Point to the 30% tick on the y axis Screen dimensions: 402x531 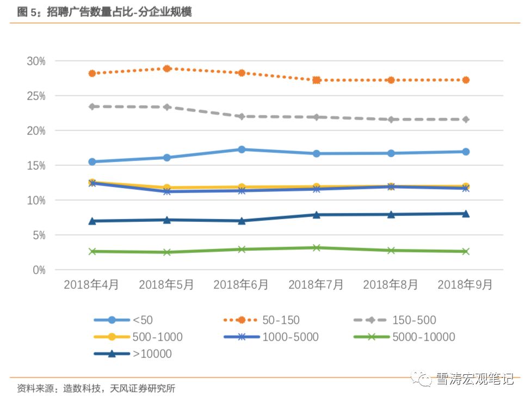pyautogui.click(x=36, y=61)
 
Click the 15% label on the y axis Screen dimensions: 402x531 pyautogui.click(x=36, y=165)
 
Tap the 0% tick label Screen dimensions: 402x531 pyautogui.click(x=39, y=270)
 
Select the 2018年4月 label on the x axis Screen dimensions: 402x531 pyautogui.click(x=91, y=285)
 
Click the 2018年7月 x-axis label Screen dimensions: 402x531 pyautogui.click(x=316, y=285)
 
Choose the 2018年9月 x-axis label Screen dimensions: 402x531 pyautogui.click(x=465, y=285)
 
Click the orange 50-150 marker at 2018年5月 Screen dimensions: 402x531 pyautogui.click(x=167, y=69)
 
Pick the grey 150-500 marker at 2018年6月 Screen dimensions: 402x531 pyautogui.click(x=242, y=116)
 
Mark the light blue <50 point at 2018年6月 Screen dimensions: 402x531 pyautogui.click(x=242, y=149)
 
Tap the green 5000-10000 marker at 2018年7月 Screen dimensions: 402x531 pyautogui.click(x=316, y=248)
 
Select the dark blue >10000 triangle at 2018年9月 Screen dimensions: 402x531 pyautogui.click(x=466, y=214)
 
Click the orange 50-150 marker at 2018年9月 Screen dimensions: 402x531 pyautogui.click(x=466, y=80)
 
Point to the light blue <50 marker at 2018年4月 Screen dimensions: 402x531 pyautogui.click(x=92, y=162)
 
